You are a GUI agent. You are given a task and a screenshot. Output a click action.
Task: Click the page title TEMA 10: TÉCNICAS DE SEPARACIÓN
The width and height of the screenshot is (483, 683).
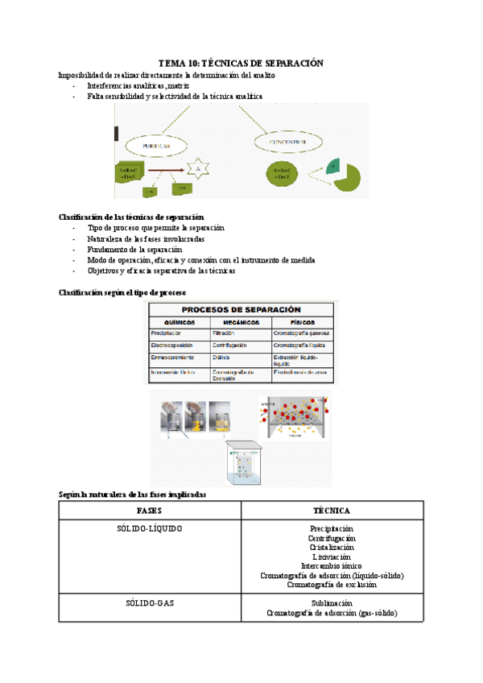240,63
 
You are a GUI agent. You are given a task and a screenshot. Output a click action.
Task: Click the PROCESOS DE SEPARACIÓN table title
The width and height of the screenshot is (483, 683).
241,309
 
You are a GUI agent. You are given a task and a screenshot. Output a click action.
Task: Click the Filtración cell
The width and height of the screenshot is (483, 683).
223,333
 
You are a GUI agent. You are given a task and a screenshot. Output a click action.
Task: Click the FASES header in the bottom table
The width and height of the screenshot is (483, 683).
150,511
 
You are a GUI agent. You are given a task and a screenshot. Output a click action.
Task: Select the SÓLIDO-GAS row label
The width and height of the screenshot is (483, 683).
150,602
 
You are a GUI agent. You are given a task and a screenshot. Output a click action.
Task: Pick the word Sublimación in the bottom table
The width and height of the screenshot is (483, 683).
332,602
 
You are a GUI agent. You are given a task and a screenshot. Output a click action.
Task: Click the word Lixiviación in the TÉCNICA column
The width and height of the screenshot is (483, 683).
332,557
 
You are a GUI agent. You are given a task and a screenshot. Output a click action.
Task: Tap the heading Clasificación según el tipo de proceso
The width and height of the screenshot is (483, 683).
122,292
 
